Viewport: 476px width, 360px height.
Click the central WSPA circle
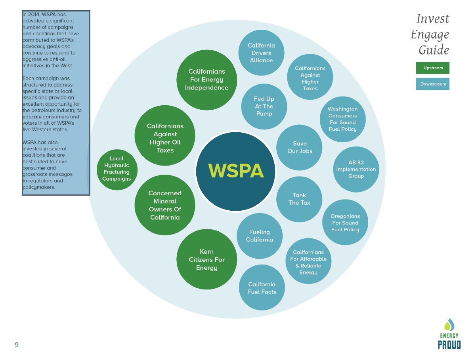tap(235, 171)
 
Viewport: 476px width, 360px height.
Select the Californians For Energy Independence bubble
tap(206, 80)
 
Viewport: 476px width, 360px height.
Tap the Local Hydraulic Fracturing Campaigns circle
tap(117, 170)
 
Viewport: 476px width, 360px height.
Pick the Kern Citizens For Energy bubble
tap(206, 259)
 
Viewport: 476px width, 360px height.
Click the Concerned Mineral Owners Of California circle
tap(165, 205)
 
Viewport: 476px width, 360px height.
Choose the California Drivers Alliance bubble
tap(261, 53)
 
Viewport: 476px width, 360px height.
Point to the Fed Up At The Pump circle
tap(264, 107)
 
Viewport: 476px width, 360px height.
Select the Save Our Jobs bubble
tap(299, 147)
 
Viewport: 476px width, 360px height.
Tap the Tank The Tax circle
tap(299, 199)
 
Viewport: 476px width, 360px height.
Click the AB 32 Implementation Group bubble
tap(356, 169)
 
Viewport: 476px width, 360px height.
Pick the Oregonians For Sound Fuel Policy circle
tap(345, 222)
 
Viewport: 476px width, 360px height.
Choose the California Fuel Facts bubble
tap(262, 288)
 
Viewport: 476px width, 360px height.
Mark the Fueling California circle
tap(259, 236)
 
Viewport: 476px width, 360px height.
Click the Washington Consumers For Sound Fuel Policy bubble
tap(343, 119)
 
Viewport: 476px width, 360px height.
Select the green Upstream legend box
tap(432, 68)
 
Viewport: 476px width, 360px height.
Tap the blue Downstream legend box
tap(432, 84)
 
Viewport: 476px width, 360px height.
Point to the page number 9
tap(17, 345)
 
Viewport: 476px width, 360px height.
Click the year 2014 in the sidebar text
tap(34, 15)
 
